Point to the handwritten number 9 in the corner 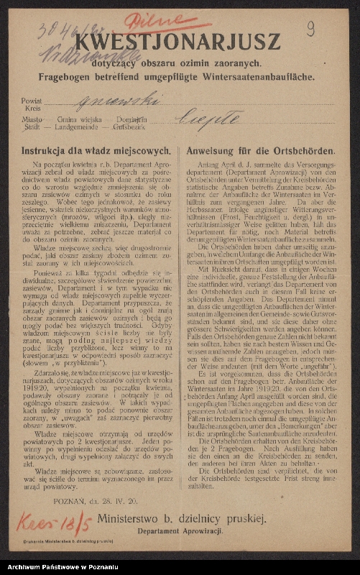(x=310, y=29)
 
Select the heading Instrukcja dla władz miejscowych (x=96, y=152)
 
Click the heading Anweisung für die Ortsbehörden (x=260, y=152)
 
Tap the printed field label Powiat (x=32, y=102)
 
